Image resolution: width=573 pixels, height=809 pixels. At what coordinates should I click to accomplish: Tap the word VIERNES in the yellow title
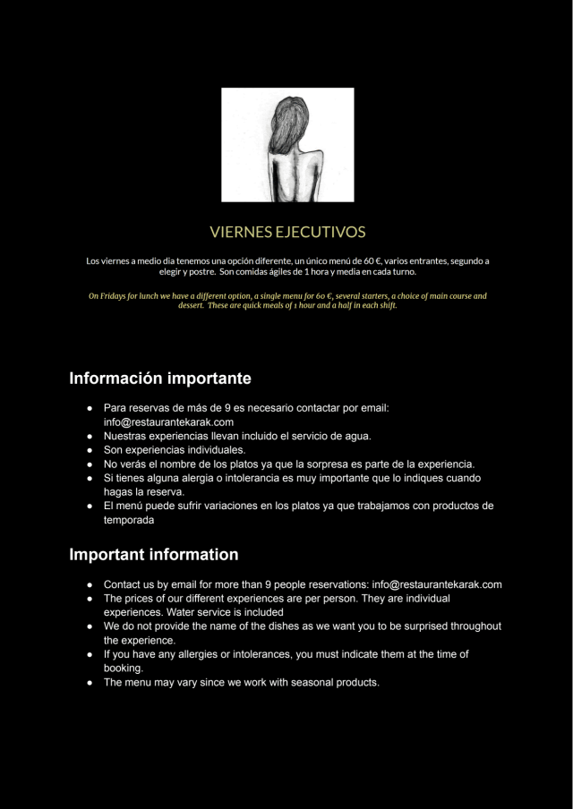pos(241,233)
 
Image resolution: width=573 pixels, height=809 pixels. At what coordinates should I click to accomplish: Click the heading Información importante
pos(160,379)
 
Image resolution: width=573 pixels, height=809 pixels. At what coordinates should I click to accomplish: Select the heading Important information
pos(154,555)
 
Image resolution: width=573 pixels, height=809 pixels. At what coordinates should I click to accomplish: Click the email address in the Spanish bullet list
pos(168,422)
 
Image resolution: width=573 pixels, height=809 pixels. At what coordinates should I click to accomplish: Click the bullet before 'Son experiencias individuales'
pos(90,450)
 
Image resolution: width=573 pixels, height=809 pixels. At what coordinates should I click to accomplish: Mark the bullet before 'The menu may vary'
pos(90,683)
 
